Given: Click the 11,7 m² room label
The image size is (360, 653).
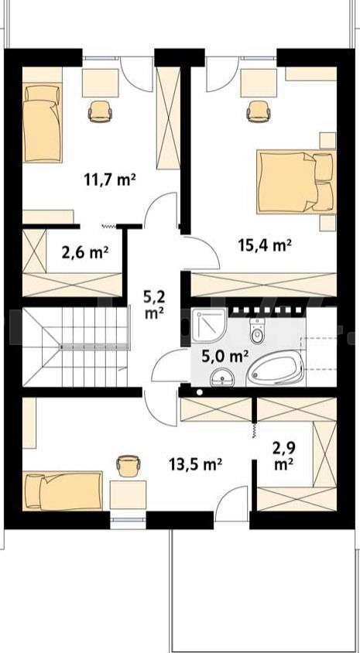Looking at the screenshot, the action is point(110,180).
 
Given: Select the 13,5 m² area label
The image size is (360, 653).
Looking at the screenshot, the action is point(195,463).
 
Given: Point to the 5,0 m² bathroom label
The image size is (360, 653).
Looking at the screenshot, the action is point(225,356).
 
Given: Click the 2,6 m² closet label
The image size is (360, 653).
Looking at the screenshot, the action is point(85,252).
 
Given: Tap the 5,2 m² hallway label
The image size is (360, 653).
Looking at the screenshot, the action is point(154,306).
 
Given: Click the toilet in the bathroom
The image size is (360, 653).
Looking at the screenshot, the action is point(257,330).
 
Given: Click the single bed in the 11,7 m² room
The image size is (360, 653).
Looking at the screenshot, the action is point(42,122).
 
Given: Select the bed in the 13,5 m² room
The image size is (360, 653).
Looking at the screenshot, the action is point(63,491).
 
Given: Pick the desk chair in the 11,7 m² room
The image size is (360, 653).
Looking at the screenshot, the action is point(101,111).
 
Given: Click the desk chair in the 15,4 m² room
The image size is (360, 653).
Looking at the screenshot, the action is point(259,111).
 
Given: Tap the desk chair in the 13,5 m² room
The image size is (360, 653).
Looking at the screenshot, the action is point(129,466).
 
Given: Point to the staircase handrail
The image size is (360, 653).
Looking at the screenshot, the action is point(94,347).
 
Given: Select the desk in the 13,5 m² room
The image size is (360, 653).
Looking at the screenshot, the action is point(128,494).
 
